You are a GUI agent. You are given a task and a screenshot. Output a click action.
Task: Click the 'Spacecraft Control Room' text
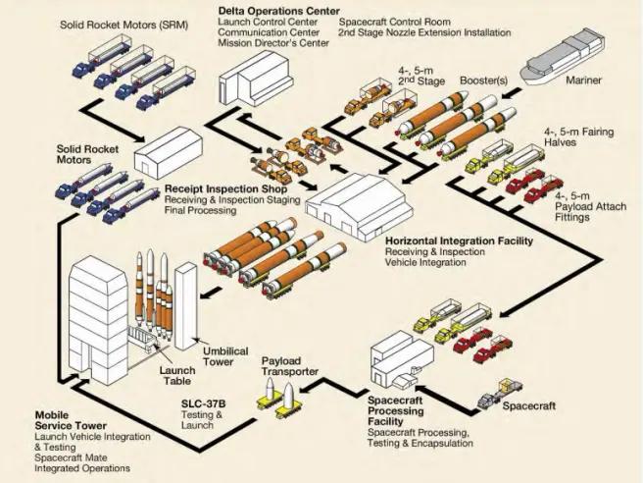point(389,22)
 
